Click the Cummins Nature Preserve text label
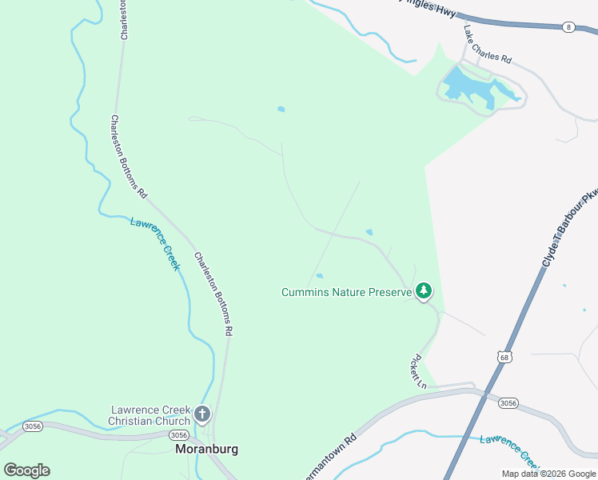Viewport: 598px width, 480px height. click(x=346, y=292)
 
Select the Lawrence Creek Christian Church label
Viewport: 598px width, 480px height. click(x=150, y=415)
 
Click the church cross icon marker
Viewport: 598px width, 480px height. click(x=202, y=414)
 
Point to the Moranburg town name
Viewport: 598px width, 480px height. click(x=206, y=450)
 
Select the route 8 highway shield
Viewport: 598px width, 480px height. click(x=568, y=26)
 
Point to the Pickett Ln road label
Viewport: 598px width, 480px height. click(x=418, y=371)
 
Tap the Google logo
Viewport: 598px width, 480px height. click(x=26, y=470)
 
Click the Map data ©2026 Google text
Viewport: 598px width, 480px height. click(x=548, y=474)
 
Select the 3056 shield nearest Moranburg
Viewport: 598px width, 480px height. click(x=179, y=435)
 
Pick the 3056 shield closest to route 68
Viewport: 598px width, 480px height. click(x=508, y=402)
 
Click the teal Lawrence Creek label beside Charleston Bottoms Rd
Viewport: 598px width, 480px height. click(x=155, y=243)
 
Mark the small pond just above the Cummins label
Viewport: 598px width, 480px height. click(x=319, y=276)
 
